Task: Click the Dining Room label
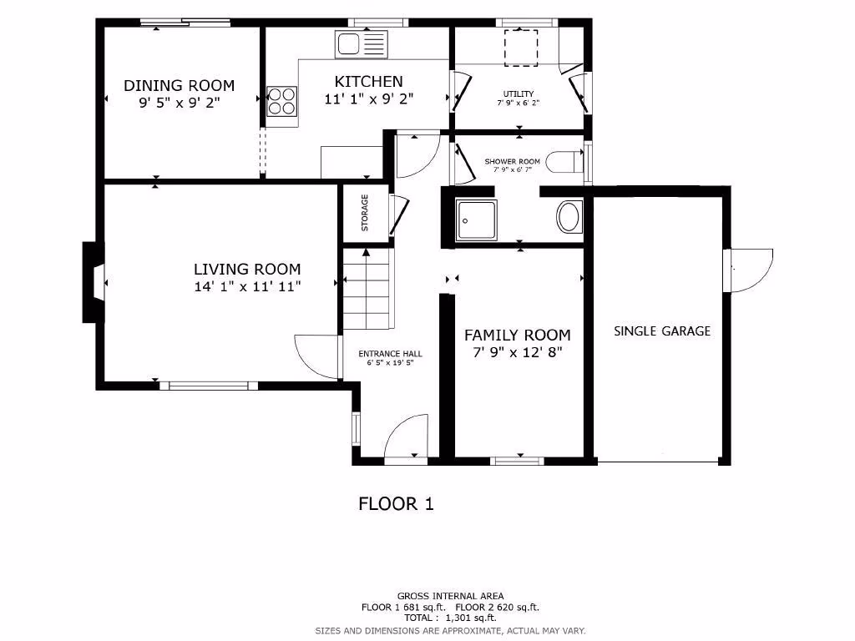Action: click(x=179, y=86)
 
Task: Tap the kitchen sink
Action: click(x=361, y=44)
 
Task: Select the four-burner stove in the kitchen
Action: click(x=282, y=101)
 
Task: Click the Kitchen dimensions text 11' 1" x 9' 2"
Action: click(x=368, y=99)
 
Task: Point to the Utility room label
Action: click(x=518, y=93)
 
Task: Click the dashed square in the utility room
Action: click(x=521, y=48)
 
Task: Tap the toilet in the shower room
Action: click(x=565, y=162)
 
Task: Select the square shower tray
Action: click(x=477, y=220)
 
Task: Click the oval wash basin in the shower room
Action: click(x=569, y=217)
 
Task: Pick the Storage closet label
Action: click(x=365, y=213)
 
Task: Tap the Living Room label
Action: click(x=247, y=270)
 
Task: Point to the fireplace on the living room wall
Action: click(x=94, y=282)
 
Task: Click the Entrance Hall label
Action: click(x=390, y=354)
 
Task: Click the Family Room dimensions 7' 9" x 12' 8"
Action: click(x=518, y=352)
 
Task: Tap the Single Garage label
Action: click(x=662, y=331)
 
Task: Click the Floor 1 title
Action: click(x=396, y=503)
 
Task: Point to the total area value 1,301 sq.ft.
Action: click(x=471, y=618)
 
